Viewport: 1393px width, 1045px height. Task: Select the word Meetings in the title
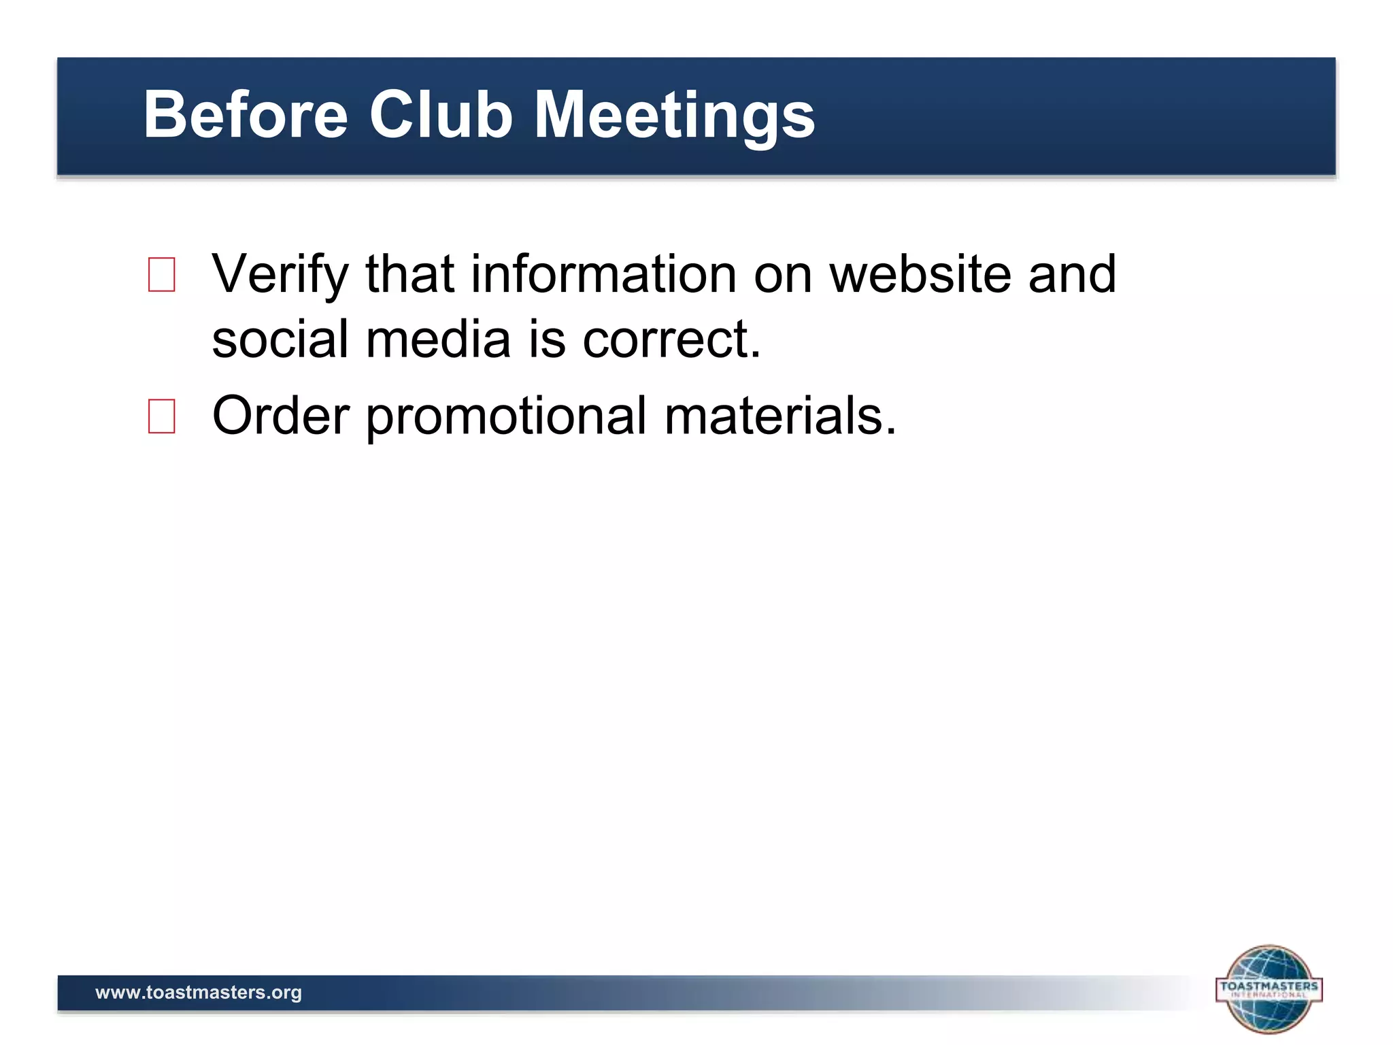pyautogui.click(x=674, y=116)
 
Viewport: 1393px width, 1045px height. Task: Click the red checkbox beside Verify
pyautogui.click(x=162, y=274)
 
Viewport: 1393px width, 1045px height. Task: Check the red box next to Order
pyautogui.click(x=162, y=416)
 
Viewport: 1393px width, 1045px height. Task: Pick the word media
pyautogui.click(x=438, y=339)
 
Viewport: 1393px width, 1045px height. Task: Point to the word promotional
pyautogui.click(x=507, y=416)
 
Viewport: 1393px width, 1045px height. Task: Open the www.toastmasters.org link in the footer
pyautogui.click(x=199, y=993)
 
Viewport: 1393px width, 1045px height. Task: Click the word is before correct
pyautogui.click(x=547, y=339)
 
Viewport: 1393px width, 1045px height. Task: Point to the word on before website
pyautogui.click(x=783, y=275)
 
